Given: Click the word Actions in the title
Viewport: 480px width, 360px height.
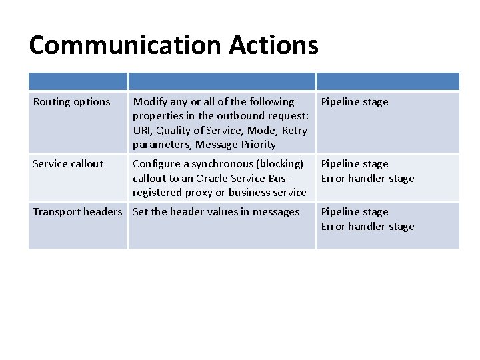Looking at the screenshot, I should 274,45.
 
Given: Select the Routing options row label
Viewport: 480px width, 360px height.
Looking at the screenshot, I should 71,102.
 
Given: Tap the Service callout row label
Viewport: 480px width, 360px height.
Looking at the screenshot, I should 68,164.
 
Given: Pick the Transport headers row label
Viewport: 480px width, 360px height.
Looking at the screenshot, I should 77,212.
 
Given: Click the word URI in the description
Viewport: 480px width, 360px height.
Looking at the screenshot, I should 141,131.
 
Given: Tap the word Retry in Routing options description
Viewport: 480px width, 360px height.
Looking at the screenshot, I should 295,131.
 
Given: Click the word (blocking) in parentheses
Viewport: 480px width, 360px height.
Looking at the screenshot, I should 280,164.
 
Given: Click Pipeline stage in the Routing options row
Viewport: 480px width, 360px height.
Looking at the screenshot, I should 355,102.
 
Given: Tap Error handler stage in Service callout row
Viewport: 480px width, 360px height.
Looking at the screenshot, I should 368,179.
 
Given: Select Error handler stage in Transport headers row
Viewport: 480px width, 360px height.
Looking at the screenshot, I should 368,227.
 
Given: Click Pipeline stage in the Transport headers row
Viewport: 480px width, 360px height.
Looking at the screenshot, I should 355,212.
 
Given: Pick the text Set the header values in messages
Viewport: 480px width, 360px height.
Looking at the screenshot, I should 216,212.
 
